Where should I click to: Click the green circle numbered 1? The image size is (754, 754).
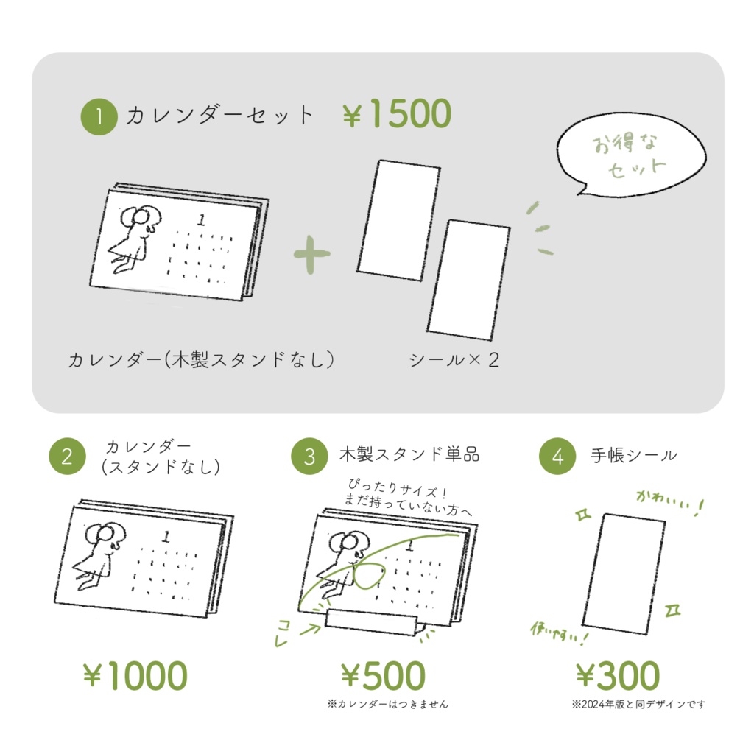click(99, 117)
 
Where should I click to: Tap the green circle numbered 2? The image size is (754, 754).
click(67, 457)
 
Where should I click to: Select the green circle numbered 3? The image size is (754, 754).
click(309, 457)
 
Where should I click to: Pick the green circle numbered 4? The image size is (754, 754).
click(557, 457)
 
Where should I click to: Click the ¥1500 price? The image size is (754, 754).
click(397, 115)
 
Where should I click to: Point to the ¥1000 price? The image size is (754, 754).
click(135, 676)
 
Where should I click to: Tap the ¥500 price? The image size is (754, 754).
click(383, 676)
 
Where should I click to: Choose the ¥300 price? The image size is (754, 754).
click(617, 676)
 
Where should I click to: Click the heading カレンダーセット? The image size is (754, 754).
click(219, 116)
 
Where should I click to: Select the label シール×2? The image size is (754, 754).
click(454, 360)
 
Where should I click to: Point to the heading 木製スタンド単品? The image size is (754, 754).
click(409, 454)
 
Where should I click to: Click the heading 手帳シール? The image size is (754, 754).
click(633, 455)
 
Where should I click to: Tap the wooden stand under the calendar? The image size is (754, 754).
click(373, 620)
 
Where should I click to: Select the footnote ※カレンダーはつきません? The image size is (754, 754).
click(387, 704)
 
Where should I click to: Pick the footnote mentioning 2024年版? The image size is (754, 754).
click(638, 704)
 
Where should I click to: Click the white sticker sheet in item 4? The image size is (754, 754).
click(623, 572)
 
